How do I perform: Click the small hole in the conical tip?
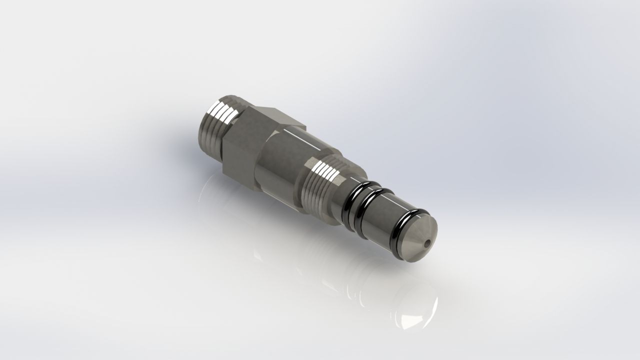425,244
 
